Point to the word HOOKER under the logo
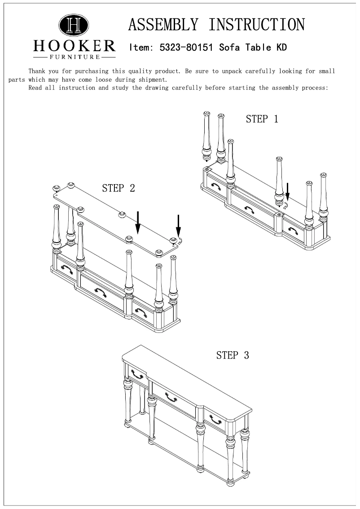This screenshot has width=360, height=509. tap(74, 46)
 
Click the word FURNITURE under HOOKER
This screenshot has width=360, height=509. tap(74, 57)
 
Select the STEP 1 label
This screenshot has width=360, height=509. tap(262, 119)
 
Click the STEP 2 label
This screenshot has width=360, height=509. tap(119, 188)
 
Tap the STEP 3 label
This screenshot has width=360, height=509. tap(233, 355)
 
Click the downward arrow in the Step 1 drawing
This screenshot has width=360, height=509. tap(288, 190)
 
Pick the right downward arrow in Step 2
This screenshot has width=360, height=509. tap(179, 226)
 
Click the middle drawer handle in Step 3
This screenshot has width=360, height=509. tap(171, 397)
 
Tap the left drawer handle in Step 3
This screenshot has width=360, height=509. tap(136, 374)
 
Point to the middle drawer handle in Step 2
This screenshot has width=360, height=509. tap(100, 292)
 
